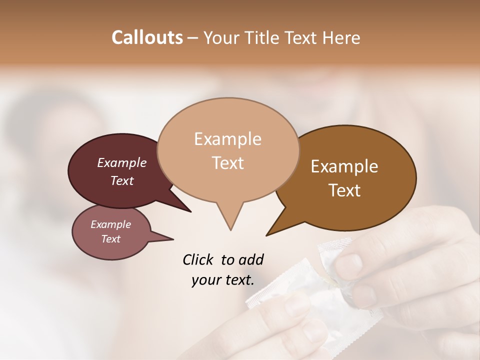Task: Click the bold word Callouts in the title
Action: pos(147,37)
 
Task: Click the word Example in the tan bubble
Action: pos(227,139)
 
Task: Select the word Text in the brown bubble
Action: pos(345,190)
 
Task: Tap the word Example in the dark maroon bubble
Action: pos(122,163)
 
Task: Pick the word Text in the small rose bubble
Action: pos(110,239)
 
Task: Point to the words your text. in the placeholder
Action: pos(223,280)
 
